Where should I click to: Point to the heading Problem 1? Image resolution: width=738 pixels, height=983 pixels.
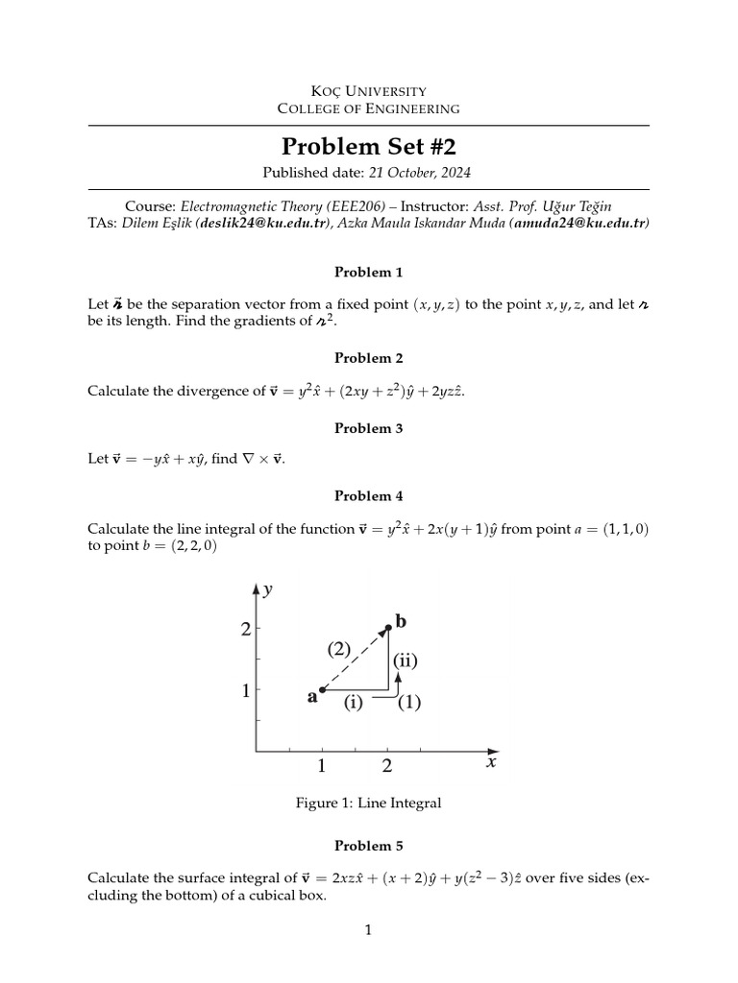tap(368, 272)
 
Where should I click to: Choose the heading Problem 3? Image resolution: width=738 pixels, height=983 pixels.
tap(368, 428)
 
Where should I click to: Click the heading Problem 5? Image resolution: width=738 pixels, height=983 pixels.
tap(368, 846)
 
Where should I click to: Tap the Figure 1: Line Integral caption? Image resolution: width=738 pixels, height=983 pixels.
tap(368, 803)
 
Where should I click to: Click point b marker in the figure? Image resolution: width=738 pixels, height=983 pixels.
tap(388, 629)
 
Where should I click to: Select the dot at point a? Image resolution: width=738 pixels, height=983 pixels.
tap(322, 689)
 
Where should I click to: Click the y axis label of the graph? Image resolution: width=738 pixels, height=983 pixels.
tap(268, 590)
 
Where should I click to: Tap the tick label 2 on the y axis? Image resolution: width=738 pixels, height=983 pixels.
tap(245, 630)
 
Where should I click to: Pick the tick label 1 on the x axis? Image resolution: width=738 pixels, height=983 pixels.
tap(321, 766)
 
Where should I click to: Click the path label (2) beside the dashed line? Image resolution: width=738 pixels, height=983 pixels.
tap(341, 649)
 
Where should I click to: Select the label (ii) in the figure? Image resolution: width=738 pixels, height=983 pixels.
tap(405, 660)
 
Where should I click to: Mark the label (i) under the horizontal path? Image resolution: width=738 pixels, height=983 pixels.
tap(353, 703)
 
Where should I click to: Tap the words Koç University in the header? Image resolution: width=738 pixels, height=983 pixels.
tap(368, 91)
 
